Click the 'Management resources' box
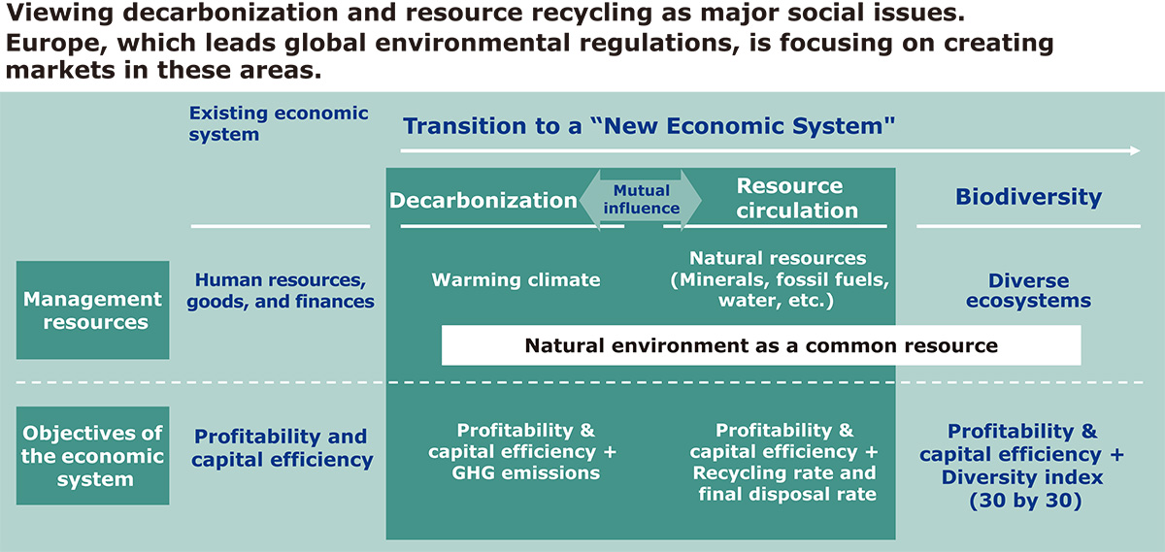(x=92, y=309)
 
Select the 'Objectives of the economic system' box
(x=92, y=455)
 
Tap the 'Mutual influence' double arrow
(x=641, y=200)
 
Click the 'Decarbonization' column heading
(x=483, y=201)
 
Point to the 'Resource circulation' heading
(x=797, y=198)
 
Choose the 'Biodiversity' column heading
(x=1028, y=197)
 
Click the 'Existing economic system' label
(x=279, y=123)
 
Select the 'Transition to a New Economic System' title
(x=649, y=126)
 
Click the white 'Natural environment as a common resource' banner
(x=761, y=345)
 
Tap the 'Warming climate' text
(x=516, y=279)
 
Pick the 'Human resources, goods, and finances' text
(x=281, y=291)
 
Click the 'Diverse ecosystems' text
(x=1028, y=291)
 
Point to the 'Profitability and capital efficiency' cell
(x=282, y=447)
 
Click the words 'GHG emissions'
(x=525, y=473)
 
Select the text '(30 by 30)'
(x=1025, y=500)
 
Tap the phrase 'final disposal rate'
(x=787, y=494)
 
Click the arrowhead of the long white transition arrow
(x=1135, y=150)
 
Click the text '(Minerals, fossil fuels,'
(x=780, y=279)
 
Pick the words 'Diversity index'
(x=1022, y=477)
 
